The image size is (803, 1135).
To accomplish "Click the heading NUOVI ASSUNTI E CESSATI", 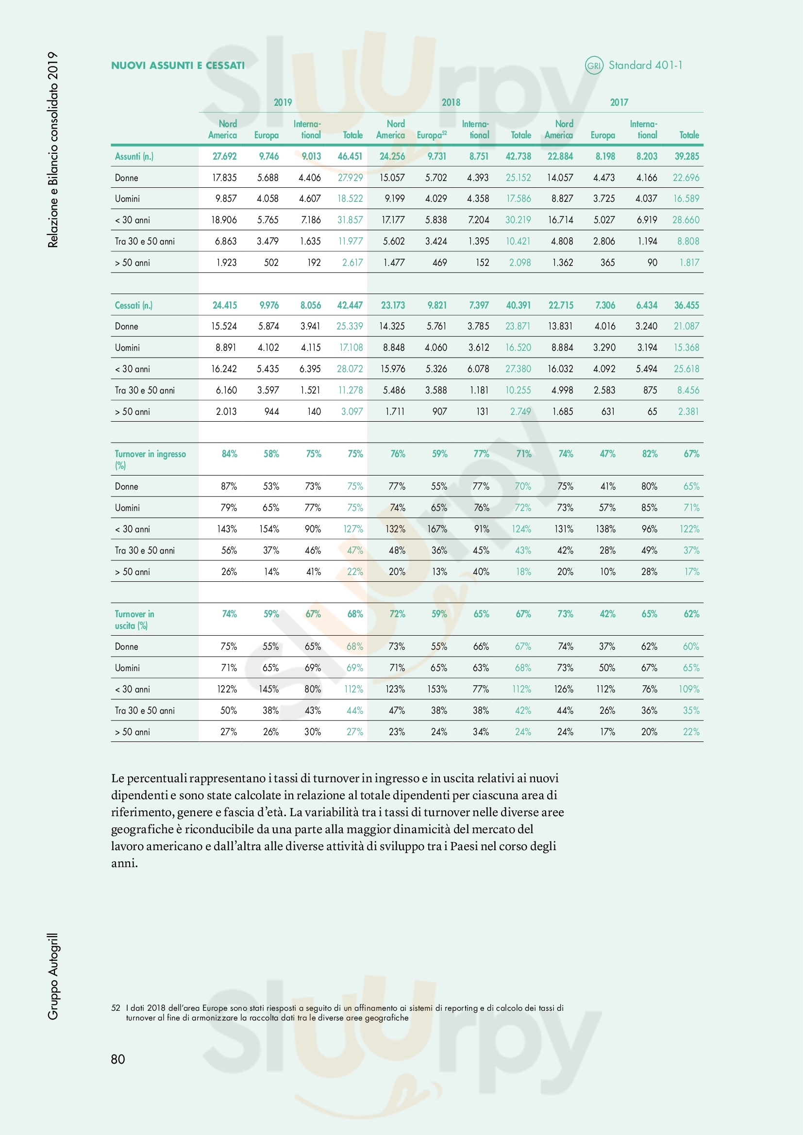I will point(178,65).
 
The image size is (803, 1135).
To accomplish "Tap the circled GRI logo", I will point(594,65).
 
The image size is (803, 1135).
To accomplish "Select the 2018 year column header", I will point(451,102).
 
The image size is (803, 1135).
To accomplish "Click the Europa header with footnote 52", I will point(431,135).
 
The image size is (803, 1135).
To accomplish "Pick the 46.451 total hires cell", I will point(350,156).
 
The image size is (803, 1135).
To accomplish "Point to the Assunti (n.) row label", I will point(134,156).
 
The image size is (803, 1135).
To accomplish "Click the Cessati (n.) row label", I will point(134,305).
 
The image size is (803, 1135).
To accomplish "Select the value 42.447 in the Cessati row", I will point(350,305).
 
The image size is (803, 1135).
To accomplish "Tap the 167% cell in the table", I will point(437,529).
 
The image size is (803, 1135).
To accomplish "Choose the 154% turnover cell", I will point(269,529).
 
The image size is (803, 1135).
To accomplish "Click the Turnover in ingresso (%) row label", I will point(150,459).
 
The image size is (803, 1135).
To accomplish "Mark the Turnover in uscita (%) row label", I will point(134,619).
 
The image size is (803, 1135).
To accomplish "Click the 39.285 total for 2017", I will point(686,156).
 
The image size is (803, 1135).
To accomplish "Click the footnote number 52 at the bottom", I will point(116,1008).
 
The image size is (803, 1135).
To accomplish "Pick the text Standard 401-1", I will point(645,65).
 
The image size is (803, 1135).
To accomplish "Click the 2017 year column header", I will point(619,102).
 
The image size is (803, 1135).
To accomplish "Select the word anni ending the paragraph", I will point(123,863).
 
